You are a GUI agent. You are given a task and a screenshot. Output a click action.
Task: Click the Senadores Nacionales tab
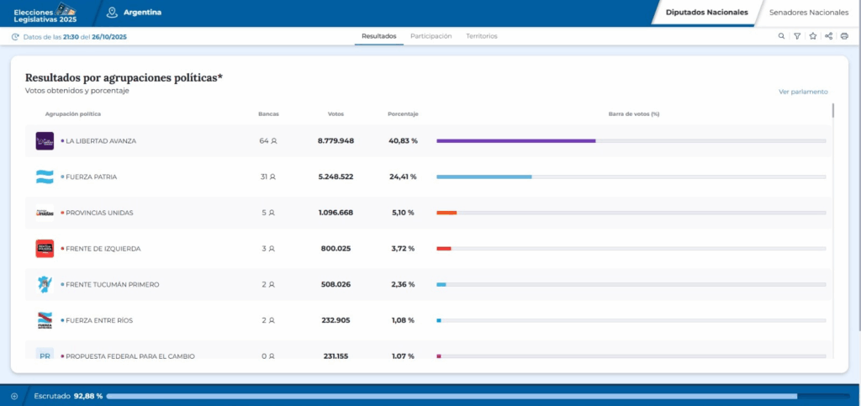click(x=808, y=13)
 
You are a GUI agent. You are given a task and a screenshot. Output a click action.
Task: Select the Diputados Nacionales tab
click(x=706, y=13)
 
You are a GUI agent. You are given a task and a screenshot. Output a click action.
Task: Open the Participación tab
click(x=431, y=36)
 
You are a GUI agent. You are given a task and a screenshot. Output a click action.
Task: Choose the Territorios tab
click(x=482, y=36)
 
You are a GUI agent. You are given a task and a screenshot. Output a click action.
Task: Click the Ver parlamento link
click(x=803, y=92)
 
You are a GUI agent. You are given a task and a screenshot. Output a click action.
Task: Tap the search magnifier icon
click(x=781, y=36)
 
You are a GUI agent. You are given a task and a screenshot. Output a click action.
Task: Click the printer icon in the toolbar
click(x=844, y=36)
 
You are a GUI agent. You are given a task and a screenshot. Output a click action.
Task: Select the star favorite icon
click(x=813, y=36)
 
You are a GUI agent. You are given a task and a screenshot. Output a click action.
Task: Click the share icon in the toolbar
click(x=828, y=36)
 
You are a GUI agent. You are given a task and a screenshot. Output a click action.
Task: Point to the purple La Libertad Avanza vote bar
click(x=516, y=141)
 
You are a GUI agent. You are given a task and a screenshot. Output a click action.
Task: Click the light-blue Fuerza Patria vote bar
click(x=484, y=177)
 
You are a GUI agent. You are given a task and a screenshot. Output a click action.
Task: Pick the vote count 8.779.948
click(x=336, y=141)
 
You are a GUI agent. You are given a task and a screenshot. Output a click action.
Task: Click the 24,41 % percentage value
click(x=403, y=177)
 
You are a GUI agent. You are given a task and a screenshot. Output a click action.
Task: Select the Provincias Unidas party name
click(x=99, y=213)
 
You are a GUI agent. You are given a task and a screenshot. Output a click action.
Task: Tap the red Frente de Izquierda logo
click(x=45, y=249)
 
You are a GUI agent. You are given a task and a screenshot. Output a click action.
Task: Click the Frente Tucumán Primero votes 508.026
click(x=336, y=285)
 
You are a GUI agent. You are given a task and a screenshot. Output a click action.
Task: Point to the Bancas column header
click(x=268, y=114)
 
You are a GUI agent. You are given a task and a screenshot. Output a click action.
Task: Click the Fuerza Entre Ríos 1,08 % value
click(x=403, y=320)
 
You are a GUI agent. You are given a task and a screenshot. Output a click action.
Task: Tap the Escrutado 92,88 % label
click(x=68, y=396)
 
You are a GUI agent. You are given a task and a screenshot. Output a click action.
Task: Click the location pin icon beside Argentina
click(x=113, y=13)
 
